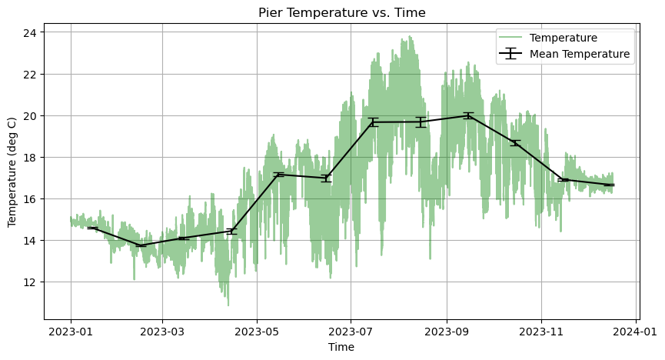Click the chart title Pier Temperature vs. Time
(x=341, y=12)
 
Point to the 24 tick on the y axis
(x=30, y=33)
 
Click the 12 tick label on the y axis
(x=30, y=282)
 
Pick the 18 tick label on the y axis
(x=30, y=158)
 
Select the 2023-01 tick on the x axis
(x=71, y=331)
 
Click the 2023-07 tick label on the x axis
(x=351, y=331)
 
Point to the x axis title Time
(x=341, y=347)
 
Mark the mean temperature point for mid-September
(x=467, y=115)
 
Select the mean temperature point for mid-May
(x=278, y=175)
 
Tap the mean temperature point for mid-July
(x=373, y=122)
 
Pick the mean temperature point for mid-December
(x=609, y=185)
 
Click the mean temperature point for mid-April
(x=231, y=231)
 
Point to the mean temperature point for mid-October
(x=514, y=142)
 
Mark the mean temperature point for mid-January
(x=92, y=228)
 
